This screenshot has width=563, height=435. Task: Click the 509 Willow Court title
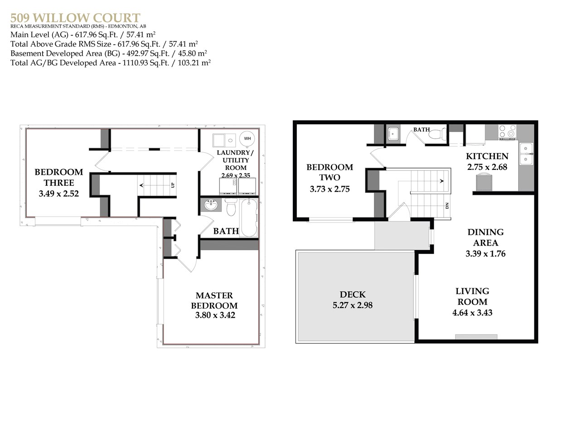[75, 18]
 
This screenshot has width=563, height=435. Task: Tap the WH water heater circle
[247, 139]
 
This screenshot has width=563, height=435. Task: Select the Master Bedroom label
[214, 300]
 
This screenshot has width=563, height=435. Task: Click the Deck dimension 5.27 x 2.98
[352, 305]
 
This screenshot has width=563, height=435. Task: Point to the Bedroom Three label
[59, 177]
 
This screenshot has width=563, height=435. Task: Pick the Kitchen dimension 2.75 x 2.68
[487, 167]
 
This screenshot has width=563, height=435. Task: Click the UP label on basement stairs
[172, 185]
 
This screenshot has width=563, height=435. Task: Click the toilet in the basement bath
[231, 209]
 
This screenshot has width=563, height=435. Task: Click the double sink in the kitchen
[526, 154]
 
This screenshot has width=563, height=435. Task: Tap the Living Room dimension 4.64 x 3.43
[472, 313]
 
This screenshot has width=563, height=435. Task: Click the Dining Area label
[485, 237]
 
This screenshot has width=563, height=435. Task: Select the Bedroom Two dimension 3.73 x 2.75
[330, 189]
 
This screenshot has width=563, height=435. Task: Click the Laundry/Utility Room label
[236, 160]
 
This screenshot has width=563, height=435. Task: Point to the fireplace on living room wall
[476, 337]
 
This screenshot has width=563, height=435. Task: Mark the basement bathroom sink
[211, 206]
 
